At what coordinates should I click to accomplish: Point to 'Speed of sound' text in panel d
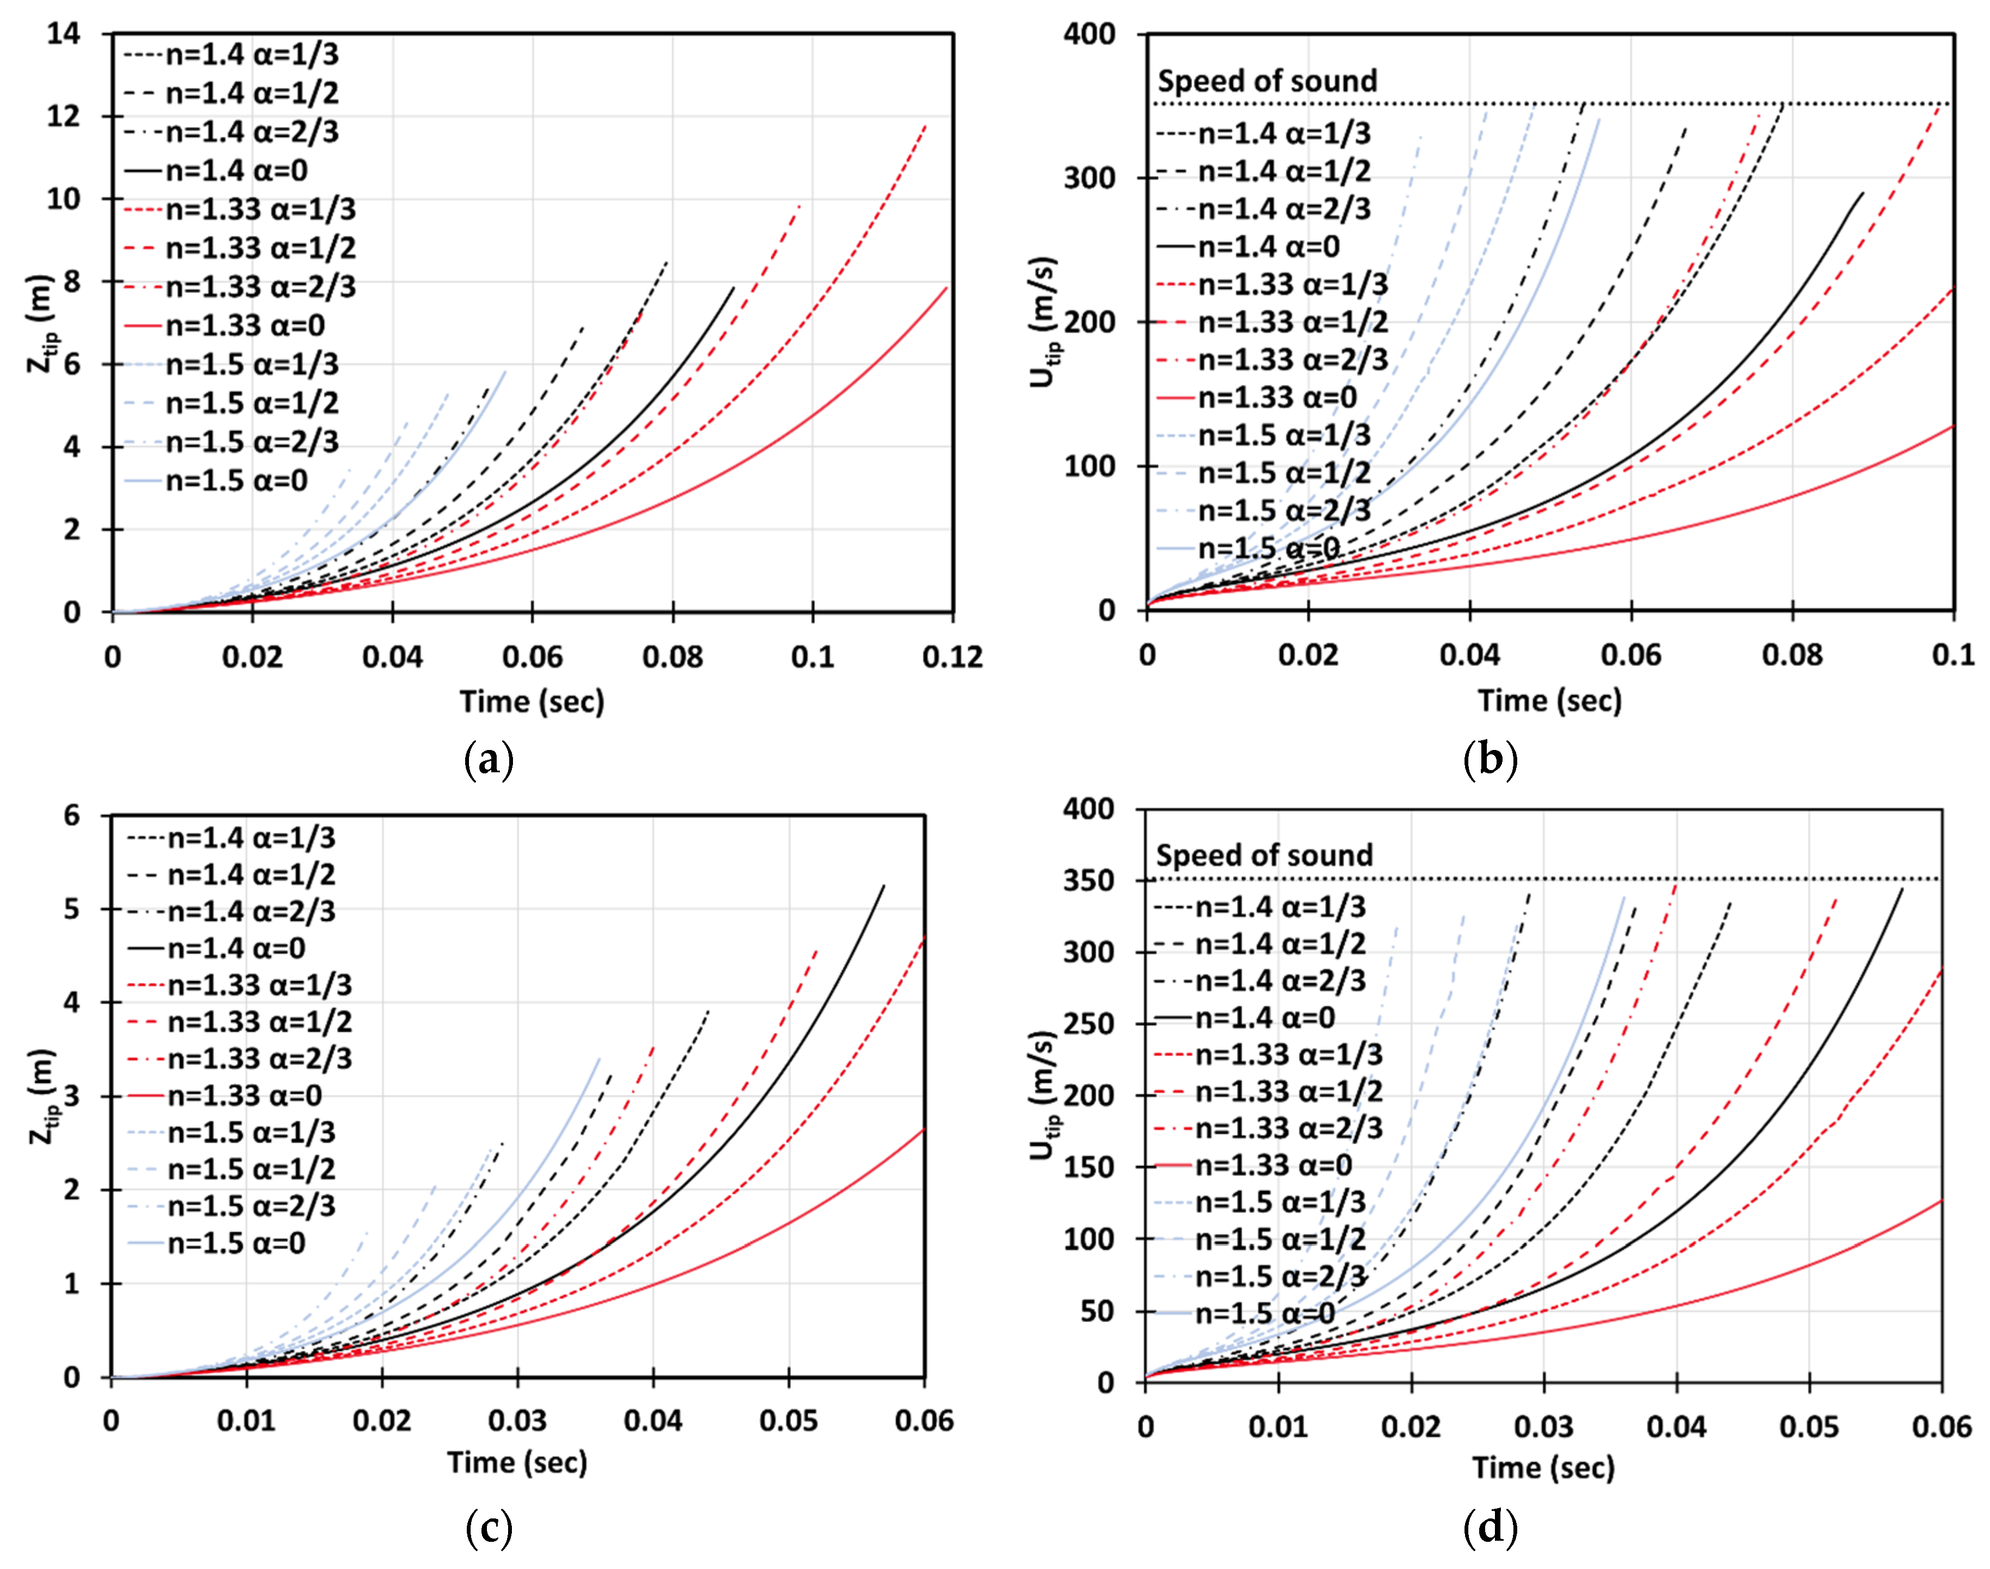click(1263, 855)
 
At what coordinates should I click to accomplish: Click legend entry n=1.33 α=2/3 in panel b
click(1292, 359)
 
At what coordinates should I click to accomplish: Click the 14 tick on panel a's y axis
click(64, 34)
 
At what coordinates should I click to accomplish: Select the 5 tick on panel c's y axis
click(72, 909)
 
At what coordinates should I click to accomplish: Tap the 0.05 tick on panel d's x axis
click(1809, 1427)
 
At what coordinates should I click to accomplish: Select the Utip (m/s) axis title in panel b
click(1044, 322)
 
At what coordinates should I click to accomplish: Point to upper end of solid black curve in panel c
click(884, 885)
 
